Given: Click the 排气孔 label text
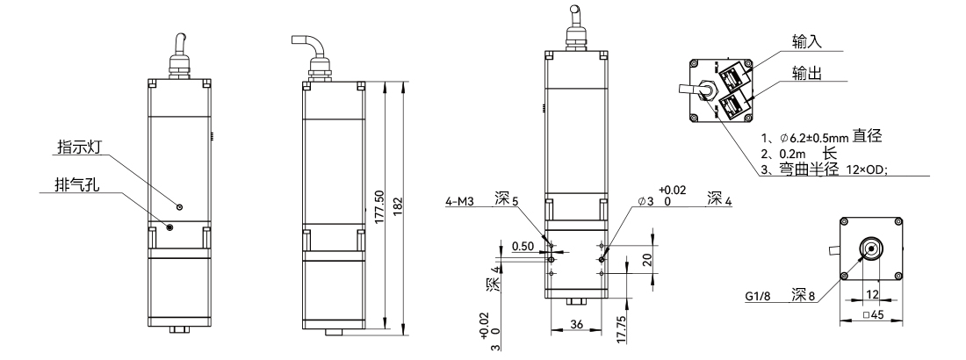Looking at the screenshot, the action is tap(77, 184).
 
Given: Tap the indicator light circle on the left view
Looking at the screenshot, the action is tap(179, 206).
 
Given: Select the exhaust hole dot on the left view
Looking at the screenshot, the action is tap(170, 227).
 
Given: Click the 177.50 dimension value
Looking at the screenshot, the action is tap(378, 205).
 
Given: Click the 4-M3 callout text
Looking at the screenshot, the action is tap(459, 201).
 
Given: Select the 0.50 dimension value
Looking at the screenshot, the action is tap(523, 247).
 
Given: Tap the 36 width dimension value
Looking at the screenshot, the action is tap(576, 324).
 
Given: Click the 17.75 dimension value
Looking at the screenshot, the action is tap(622, 330).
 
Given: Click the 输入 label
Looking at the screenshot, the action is tap(806, 41).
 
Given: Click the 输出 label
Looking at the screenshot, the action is tap(806, 73).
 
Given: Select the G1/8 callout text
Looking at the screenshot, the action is tap(758, 297).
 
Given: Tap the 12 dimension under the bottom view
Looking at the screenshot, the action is tap(872, 295).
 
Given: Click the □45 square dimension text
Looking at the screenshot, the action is tap(872, 315).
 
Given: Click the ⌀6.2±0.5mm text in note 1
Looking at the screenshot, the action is tap(814, 137).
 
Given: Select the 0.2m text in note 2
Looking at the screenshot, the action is tap(789, 154).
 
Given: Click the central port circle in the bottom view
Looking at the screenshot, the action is tap(871, 248).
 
